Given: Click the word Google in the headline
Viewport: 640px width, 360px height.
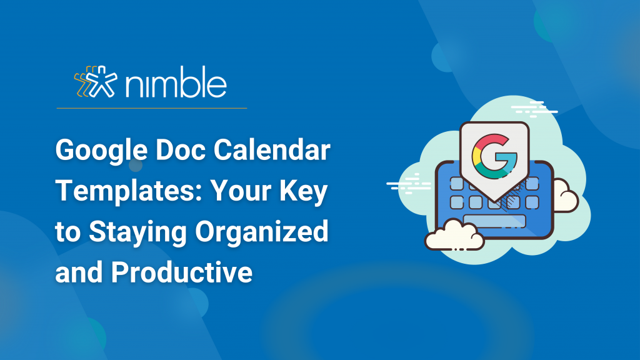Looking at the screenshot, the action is tap(101, 151).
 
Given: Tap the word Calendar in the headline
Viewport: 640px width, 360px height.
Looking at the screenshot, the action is tap(272, 150).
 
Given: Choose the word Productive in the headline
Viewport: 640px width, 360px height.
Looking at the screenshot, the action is tap(182, 272).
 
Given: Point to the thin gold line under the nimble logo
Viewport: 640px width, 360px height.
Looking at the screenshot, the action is tap(152, 108).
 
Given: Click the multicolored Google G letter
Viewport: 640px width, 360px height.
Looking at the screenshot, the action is tap(494, 157).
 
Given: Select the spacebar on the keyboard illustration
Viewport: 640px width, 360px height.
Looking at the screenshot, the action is tap(494, 221).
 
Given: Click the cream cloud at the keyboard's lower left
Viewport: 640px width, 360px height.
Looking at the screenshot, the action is tap(454, 236).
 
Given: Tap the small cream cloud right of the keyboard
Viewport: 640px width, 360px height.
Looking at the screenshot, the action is tap(566, 196).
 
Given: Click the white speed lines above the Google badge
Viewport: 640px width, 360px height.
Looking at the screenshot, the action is tap(534, 109).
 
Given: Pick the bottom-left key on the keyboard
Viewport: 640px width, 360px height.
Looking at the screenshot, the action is tap(457, 202).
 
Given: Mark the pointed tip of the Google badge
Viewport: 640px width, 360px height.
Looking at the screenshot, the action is tap(495, 202).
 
